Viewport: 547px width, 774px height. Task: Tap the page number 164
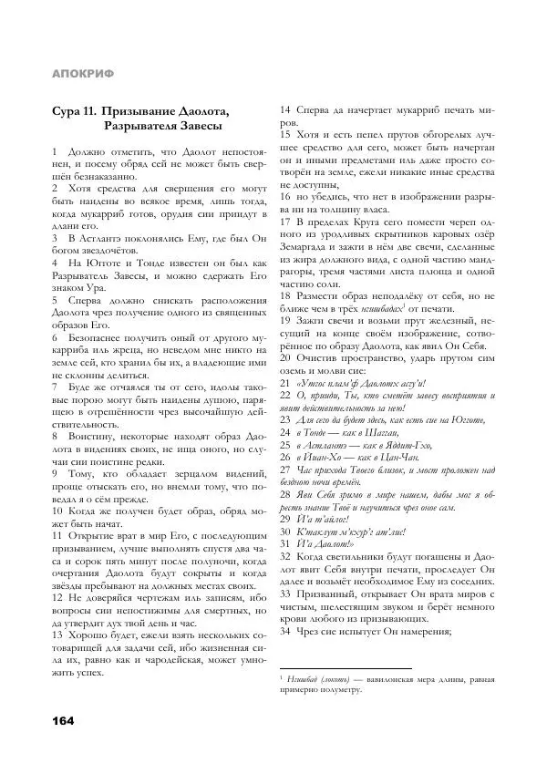(63, 719)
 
